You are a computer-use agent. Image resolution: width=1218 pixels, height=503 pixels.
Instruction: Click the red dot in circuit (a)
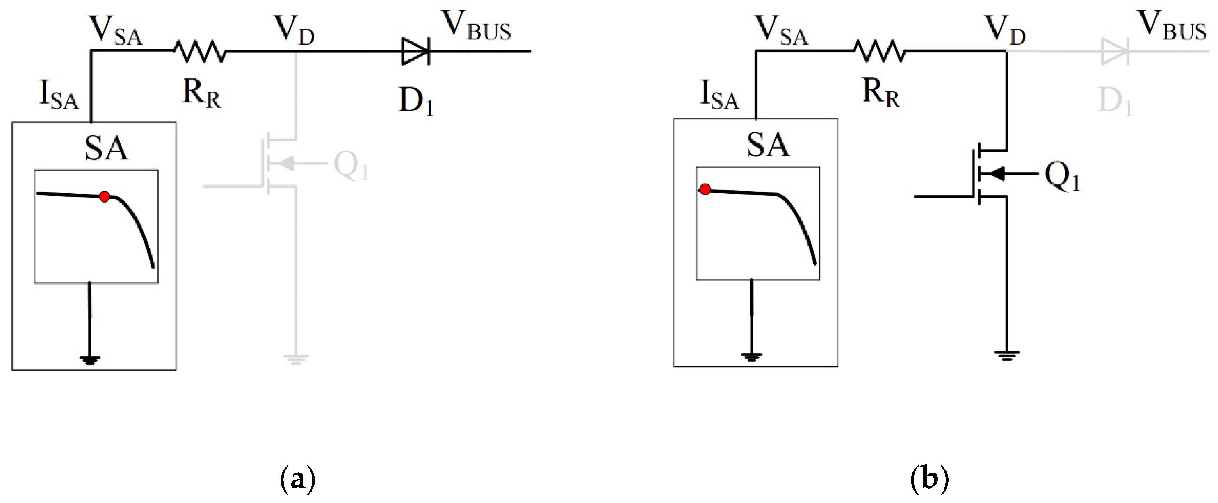tap(105, 196)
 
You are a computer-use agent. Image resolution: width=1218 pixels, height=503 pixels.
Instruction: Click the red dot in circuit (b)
tap(705, 189)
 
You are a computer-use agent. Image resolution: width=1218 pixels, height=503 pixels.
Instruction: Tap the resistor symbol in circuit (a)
tap(200, 51)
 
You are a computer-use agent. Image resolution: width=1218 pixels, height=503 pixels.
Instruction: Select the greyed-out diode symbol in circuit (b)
tap(1115, 52)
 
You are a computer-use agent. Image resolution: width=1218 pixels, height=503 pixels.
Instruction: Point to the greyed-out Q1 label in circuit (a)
tap(350, 166)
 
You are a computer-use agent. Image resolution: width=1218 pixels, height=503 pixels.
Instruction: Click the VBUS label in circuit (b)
tap(1171, 26)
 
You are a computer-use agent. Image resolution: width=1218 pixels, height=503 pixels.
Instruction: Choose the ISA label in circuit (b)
tap(718, 95)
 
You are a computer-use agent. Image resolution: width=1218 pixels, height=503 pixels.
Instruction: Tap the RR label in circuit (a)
tap(201, 93)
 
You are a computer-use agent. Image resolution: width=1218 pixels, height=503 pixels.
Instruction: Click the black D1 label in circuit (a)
tap(415, 101)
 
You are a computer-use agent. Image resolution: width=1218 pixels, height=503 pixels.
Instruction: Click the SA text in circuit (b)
tap(767, 145)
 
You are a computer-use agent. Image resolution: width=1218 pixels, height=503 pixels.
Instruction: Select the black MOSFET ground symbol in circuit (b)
tap(1007, 355)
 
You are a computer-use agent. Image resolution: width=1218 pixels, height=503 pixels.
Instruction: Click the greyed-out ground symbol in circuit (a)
tap(296, 359)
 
